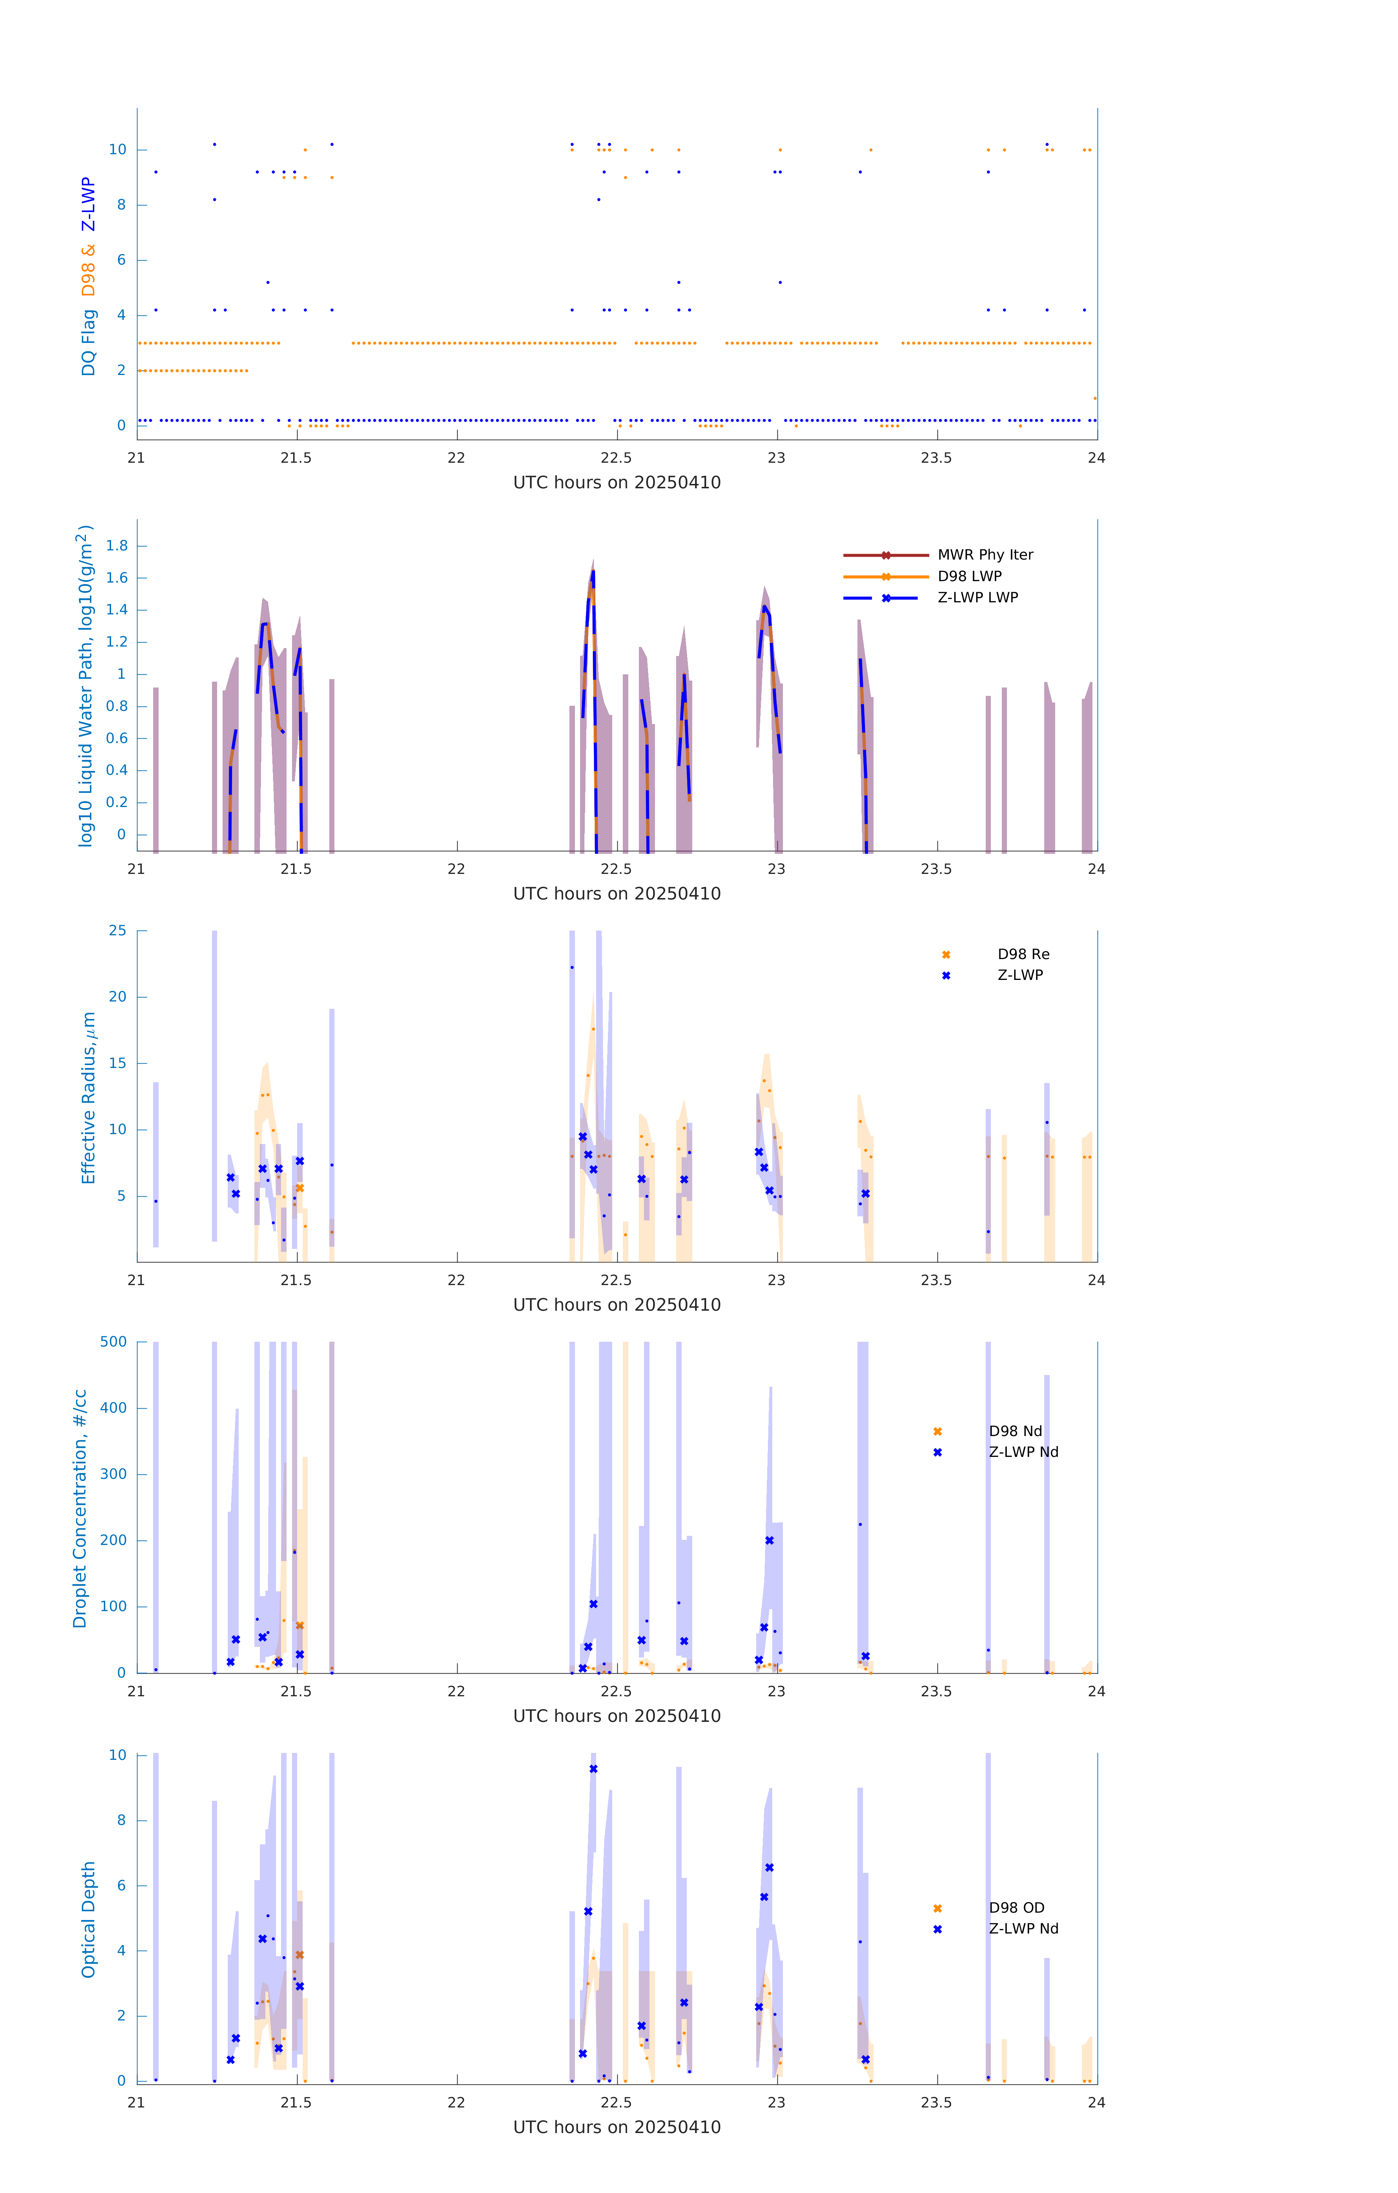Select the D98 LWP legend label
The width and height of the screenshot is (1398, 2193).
(969, 576)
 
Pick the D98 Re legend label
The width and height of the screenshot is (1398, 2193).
(1023, 954)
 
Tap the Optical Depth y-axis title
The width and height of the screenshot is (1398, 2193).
(88, 1920)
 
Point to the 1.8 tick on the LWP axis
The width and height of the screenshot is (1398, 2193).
(117, 546)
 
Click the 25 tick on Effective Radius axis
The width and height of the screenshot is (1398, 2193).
(117, 931)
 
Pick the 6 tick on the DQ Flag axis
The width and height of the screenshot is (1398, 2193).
(121, 261)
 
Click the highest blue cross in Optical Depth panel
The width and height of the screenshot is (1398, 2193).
(593, 1769)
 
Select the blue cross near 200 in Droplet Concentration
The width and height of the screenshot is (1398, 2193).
(770, 1541)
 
